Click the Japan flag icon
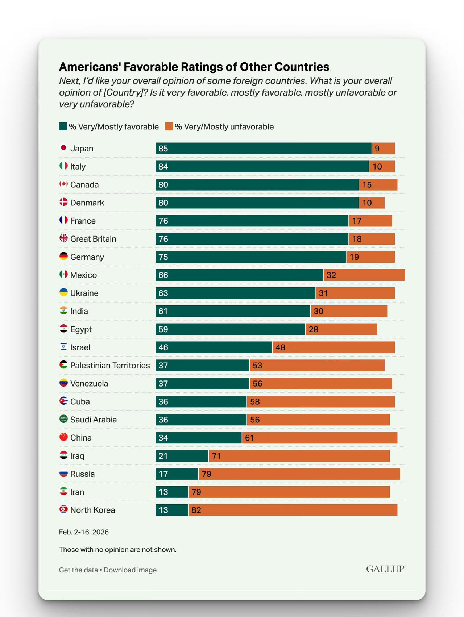63,148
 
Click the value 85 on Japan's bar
163,149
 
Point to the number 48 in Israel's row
280,347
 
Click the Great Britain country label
93,239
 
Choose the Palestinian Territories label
110,365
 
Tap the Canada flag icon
63,184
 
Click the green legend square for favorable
63,126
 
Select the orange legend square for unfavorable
169,126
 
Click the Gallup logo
385,569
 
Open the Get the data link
78,570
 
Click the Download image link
130,570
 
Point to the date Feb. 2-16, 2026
84,532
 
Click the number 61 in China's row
249,438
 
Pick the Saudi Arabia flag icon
63,419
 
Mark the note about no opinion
117,550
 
